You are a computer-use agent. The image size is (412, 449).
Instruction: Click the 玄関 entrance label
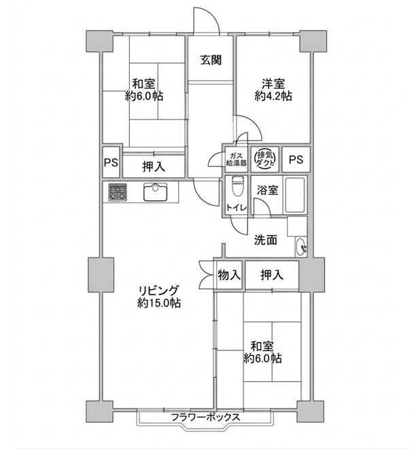click(211, 60)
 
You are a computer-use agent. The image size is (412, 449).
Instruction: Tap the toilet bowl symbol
click(237, 186)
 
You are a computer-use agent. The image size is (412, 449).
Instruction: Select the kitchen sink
click(155, 192)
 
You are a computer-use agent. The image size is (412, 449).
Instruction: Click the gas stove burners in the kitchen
click(118, 192)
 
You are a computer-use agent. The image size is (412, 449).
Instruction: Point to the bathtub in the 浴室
click(294, 195)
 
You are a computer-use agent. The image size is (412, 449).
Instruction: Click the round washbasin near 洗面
click(301, 247)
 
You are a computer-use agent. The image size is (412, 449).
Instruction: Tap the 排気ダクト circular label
click(264, 159)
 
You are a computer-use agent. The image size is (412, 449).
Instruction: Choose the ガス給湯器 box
click(237, 159)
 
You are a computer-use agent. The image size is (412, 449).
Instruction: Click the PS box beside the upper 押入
click(111, 162)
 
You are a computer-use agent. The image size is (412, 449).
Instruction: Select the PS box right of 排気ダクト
click(296, 159)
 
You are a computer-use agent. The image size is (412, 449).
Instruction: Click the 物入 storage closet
click(229, 275)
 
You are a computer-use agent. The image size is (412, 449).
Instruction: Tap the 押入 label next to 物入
click(272, 275)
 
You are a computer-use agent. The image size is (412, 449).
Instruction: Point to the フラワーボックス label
click(205, 417)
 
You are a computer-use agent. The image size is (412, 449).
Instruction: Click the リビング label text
click(158, 290)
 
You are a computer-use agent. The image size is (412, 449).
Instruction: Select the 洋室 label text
click(273, 84)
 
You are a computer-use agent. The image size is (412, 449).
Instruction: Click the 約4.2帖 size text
click(273, 96)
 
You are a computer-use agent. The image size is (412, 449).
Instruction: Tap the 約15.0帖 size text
click(158, 303)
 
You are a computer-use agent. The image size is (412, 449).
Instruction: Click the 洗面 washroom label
click(266, 240)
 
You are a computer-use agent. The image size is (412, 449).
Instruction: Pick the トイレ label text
click(237, 207)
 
